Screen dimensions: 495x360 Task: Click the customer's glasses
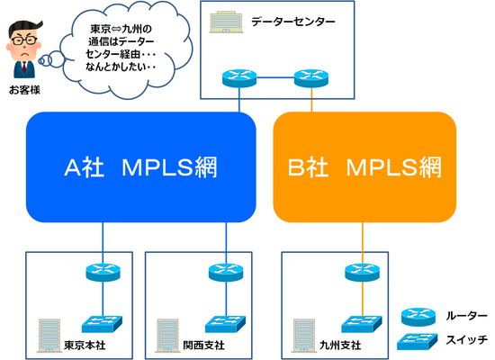[24, 40]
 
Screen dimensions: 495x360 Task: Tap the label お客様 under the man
[24, 90]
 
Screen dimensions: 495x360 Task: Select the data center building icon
[226, 22]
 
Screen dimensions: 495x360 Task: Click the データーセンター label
[293, 22]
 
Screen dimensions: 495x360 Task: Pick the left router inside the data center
[239, 77]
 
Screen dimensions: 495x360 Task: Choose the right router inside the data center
[311, 77]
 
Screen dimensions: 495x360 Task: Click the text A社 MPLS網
[140, 167]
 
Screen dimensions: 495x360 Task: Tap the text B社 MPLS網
[364, 167]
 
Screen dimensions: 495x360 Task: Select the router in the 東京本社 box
[103, 273]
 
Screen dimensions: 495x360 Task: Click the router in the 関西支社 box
[226, 273]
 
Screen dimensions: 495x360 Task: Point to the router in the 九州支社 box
[363, 273]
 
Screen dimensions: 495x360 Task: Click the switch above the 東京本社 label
[103, 324]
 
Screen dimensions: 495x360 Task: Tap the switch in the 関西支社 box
[225, 324]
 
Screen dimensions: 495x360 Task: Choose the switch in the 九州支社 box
[362, 324]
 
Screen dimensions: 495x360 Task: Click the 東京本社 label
[85, 345]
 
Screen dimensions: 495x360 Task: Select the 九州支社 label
[340, 345]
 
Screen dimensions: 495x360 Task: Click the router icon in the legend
[418, 317]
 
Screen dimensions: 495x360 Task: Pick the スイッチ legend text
[466, 339]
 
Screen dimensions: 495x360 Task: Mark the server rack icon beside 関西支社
[167, 336]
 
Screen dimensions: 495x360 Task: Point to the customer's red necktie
[24, 67]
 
